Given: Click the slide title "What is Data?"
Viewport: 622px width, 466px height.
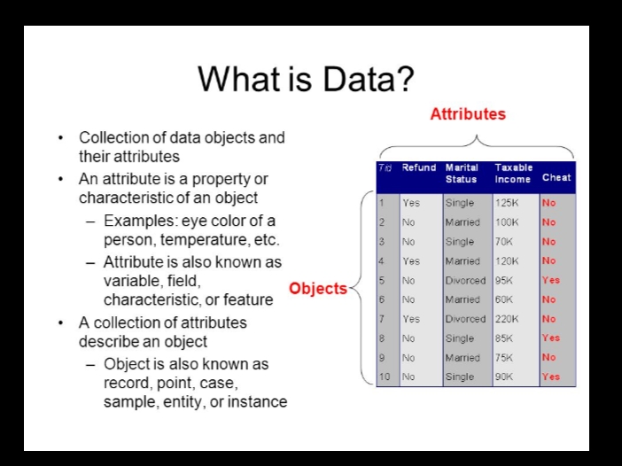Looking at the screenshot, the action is (306, 79).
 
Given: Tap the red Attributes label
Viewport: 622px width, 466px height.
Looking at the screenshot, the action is (468, 114).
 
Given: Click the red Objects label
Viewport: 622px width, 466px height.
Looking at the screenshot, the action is (318, 288).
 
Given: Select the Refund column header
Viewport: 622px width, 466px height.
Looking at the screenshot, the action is (419, 167).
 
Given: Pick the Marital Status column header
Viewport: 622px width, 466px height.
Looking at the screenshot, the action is (462, 174).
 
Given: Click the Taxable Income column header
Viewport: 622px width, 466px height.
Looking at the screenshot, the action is (513, 174).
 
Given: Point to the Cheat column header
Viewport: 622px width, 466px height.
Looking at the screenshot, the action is (556, 177).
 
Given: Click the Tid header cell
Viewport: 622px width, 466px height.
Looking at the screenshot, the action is (385, 167).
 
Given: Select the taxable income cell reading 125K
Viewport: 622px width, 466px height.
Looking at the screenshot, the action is (507, 203).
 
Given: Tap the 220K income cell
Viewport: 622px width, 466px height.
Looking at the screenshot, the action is (507, 319).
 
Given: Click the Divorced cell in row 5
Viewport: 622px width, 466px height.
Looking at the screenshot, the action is (465, 280).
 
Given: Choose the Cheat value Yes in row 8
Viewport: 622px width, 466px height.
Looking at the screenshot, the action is (551, 338).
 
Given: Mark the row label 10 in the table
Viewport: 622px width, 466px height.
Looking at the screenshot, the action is (385, 377).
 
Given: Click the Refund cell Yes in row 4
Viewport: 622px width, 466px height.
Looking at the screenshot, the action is (411, 261).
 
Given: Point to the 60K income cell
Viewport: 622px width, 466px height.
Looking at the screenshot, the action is (504, 299).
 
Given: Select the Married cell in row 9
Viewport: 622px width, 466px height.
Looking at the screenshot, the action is (463, 357).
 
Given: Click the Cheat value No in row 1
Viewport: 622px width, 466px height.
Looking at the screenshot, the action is (549, 203).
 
